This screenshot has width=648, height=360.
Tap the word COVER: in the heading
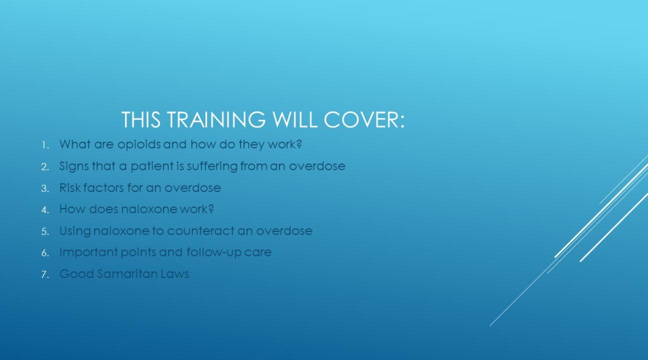point(364,119)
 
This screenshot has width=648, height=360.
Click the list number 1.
point(45,145)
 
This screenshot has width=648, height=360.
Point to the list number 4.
point(45,210)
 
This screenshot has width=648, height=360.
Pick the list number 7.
point(45,274)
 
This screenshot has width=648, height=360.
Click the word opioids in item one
point(139,144)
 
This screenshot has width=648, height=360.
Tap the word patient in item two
point(152,166)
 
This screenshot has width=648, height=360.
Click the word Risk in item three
point(70,188)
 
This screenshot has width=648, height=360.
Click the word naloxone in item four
point(149,209)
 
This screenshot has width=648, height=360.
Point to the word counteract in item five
point(201,231)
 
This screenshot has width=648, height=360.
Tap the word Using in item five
point(75,231)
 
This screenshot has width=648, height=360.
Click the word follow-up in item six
point(214,252)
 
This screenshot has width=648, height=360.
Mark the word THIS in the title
point(141,119)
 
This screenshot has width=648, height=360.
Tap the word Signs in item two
point(74,166)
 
